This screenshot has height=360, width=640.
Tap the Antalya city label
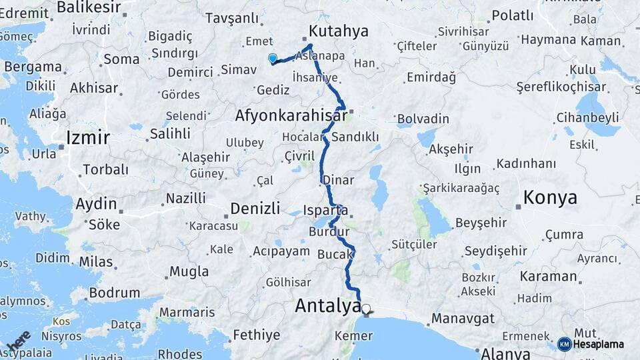[327, 306]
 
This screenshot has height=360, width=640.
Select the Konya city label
[550, 197]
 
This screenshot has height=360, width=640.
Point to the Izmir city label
[87, 138]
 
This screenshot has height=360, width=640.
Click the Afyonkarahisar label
[291, 116]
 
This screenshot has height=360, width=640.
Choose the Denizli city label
[255, 209]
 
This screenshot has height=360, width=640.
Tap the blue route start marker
[272, 59]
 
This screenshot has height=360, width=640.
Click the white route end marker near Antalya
[366, 309]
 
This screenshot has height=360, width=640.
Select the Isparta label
[326, 211]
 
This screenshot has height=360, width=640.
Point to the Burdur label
[325, 232]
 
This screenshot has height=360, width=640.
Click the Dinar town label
[338, 180]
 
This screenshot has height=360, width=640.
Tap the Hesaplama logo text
[599, 344]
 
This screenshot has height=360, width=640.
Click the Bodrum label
[114, 293]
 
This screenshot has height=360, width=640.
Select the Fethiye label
[256, 334]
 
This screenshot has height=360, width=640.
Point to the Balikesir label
[89, 7]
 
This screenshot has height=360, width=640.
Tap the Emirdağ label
[431, 78]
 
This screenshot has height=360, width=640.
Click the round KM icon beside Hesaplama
[564, 344]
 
